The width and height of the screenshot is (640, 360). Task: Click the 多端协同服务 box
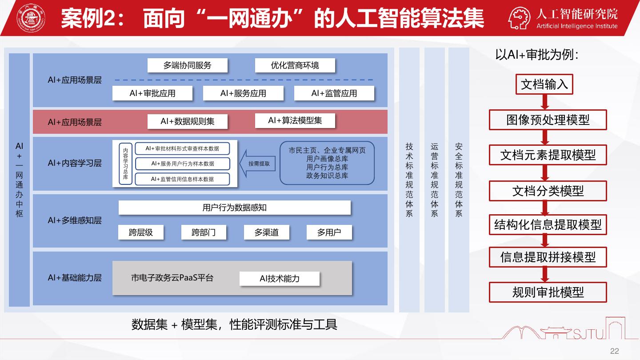click(x=188, y=66)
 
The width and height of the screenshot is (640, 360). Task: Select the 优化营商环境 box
click(x=295, y=66)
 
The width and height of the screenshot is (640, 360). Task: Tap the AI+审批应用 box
click(x=152, y=93)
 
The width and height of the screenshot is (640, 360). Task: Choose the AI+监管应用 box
click(x=334, y=93)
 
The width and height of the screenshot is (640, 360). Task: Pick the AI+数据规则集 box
click(x=188, y=121)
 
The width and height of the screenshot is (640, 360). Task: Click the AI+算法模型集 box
click(x=295, y=120)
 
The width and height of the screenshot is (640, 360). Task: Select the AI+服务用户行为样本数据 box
click(x=182, y=164)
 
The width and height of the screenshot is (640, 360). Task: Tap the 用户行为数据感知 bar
click(x=235, y=208)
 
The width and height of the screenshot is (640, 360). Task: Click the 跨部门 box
click(x=204, y=232)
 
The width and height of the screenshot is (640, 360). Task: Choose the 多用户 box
click(x=329, y=232)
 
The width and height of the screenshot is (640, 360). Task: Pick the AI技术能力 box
click(x=280, y=279)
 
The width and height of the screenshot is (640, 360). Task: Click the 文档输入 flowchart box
click(x=544, y=84)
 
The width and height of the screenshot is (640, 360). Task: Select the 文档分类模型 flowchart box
click(x=548, y=191)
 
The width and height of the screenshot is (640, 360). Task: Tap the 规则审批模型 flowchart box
click(x=548, y=292)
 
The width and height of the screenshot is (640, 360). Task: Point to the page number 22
click(x=614, y=351)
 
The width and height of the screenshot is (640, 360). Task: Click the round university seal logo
click(x=31, y=18)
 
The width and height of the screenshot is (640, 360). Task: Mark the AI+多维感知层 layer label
click(x=75, y=220)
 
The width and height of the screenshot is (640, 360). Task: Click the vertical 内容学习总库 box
click(x=126, y=164)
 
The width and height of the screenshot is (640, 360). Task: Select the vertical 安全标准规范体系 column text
click(x=459, y=180)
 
